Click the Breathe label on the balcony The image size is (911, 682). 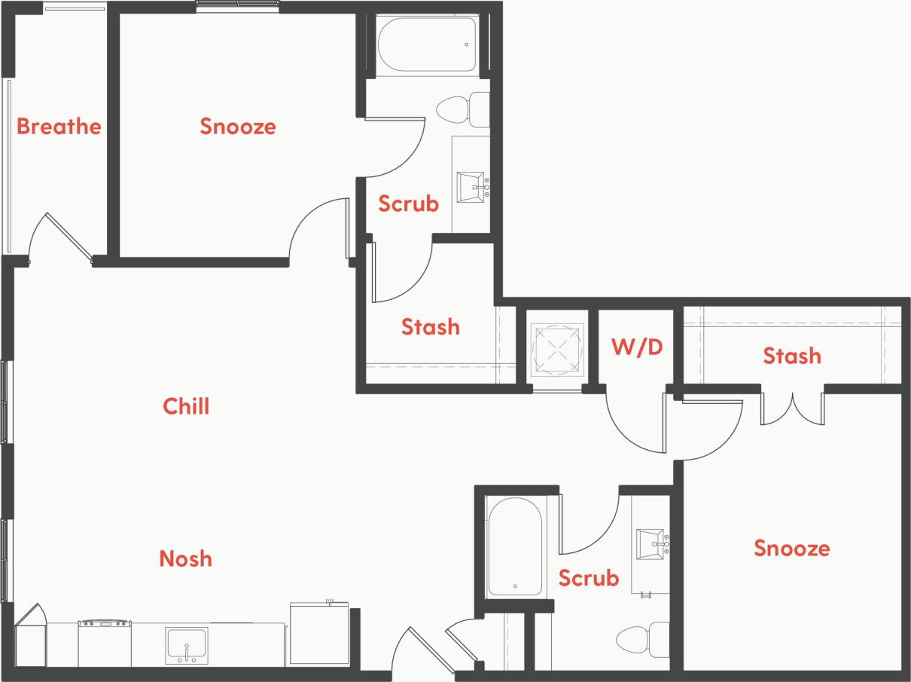pyautogui.click(x=59, y=126)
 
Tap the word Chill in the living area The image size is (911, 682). pyautogui.click(x=186, y=406)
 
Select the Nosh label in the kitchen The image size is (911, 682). pyautogui.click(x=185, y=558)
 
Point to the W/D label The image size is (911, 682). pyautogui.click(x=637, y=347)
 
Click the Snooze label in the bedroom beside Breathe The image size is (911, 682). pyautogui.click(x=238, y=126)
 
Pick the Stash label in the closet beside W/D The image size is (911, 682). pyautogui.click(x=791, y=355)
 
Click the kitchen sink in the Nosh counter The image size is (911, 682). pyautogui.click(x=186, y=644)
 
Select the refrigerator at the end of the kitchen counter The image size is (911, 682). pyautogui.click(x=319, y=633)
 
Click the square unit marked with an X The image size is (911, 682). pyautogui.click(x=558, y=349)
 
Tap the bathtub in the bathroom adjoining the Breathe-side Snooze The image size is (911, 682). pyautogui.click(x=427, y=44)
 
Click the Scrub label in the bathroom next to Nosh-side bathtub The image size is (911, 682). pyautogui.click(x=588, y=578)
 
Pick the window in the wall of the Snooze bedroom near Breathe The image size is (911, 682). pyautogui.click(x=237, y=6)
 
